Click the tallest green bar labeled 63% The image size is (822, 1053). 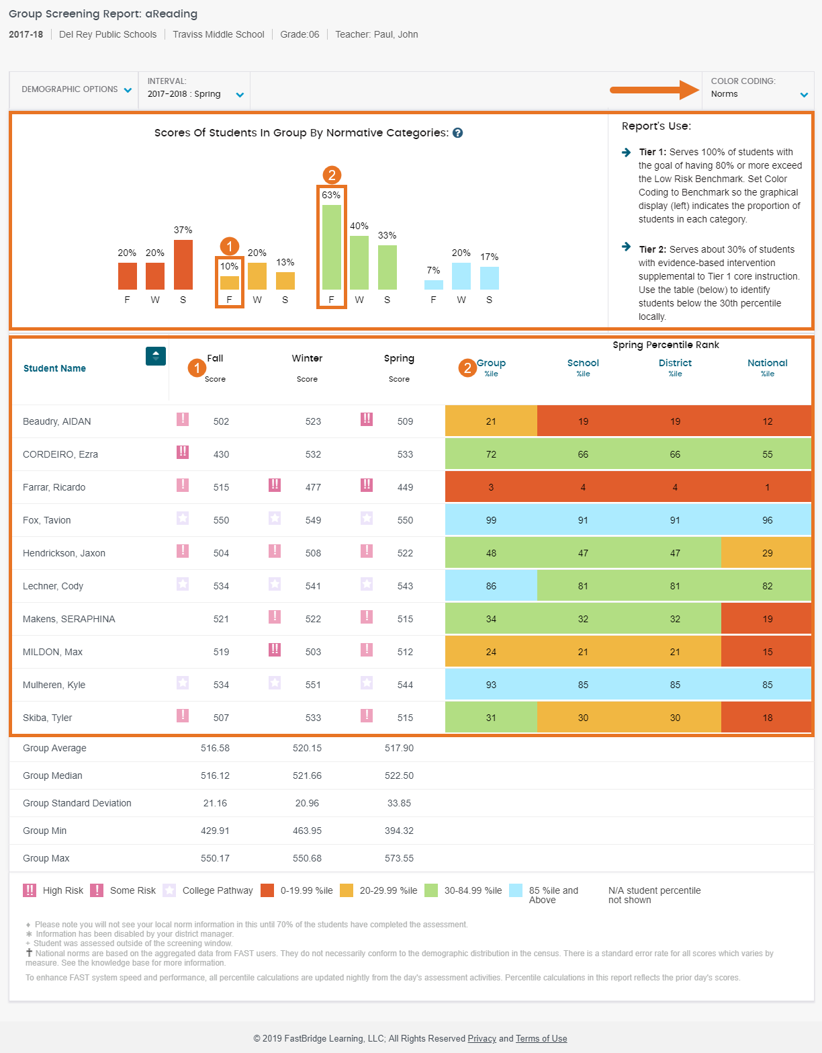(331, 247)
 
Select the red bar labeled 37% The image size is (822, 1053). (183, 265)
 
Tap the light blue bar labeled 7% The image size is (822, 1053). (433, 285)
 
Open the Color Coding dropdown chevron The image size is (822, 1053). (804, 95)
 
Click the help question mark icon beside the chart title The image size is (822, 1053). (457, 133)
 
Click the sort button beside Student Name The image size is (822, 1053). (156, 356)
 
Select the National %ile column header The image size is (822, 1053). (767, 368)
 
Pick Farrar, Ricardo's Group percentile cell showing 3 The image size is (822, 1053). (491, 487)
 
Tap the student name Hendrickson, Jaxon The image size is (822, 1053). (64, 553)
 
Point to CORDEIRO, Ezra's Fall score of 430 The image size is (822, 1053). (221, 454)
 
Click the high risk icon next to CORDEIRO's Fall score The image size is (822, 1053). (183, 452)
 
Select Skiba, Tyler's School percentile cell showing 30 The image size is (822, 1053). (583, 718)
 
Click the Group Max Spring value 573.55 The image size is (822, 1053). (399, 858)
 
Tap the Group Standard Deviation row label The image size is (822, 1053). (77, 803)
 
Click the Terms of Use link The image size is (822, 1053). (541, 1038)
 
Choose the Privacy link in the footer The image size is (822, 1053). (482, 1038)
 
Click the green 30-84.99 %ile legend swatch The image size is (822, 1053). (431, 890)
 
